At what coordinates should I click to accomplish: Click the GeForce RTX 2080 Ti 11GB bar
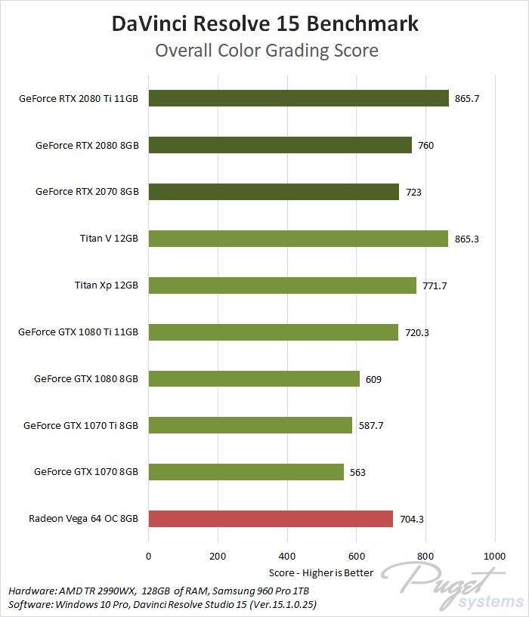click(x=299, y=98)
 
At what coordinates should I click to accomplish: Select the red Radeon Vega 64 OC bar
click(x=271, y=519)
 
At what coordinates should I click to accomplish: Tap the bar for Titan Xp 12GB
click(x=282, y=285)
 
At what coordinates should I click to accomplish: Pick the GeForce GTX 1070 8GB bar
click(x=246, y=472)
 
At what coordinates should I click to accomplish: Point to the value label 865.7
click(x=467, y=99)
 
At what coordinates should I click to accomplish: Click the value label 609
click(x=373, y=379)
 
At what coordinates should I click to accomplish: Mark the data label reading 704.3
click(x=413, y=520)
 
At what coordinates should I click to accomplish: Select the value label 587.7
click(x=371, y=426)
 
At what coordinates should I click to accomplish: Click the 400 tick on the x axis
click(x=287, y=557)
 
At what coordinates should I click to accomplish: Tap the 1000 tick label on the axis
click(x=495, y=557)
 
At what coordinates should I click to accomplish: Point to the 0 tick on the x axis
click(x=149, y=557)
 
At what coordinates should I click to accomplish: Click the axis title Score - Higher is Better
click(x=321, y=572)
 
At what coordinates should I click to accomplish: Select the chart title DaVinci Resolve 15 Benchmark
click(x=264, y=24)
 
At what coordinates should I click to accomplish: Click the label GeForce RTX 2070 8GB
click(x=87, y=192)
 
